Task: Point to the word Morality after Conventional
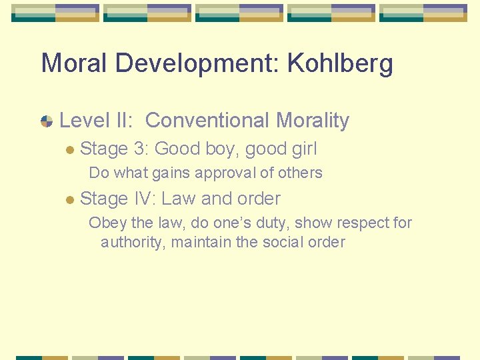click(313, 121)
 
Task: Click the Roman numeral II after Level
click(125, 121)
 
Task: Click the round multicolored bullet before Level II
click(47, 121)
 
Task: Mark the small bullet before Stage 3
click(69, 150)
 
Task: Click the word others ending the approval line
click(299, 173)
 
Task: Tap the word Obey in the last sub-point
click(105, 223)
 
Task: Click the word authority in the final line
click(131, 242)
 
